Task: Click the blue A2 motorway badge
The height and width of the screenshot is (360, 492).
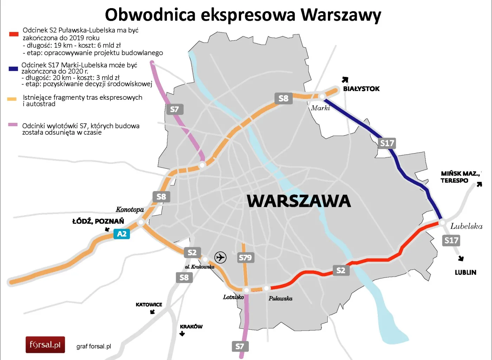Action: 122,234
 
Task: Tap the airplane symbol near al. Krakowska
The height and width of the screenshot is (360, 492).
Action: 220,257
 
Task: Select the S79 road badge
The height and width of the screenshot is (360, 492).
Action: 245,257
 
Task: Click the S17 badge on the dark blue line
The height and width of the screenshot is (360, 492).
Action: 387,143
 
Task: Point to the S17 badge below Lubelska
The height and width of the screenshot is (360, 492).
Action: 451,240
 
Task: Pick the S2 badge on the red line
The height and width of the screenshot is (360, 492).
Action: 341,270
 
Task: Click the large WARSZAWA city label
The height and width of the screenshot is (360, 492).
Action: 299,201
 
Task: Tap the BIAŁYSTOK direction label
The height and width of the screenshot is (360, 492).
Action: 361,89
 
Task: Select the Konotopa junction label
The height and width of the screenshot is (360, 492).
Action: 130,210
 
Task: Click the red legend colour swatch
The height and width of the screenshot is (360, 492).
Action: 14,34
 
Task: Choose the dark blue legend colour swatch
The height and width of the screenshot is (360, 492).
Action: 13,69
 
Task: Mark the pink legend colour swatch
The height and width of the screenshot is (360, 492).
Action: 13,125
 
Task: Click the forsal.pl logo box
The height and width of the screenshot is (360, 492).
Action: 45,345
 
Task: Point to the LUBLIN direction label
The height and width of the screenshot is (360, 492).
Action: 465,273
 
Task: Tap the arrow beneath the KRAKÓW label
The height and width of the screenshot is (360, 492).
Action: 182,334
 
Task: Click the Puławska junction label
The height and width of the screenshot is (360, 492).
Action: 280,299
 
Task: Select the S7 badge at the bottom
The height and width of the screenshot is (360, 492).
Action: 240,346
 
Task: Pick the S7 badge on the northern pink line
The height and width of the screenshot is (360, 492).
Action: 174,109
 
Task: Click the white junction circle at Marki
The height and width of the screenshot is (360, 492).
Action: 322,96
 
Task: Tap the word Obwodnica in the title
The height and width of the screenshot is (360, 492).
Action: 150,15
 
